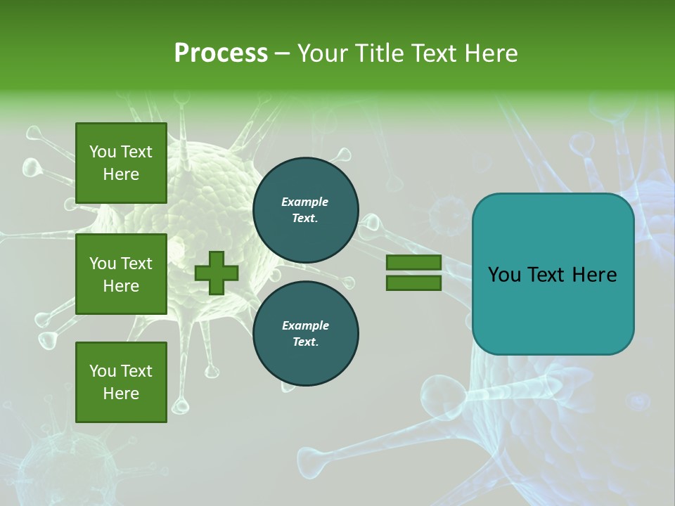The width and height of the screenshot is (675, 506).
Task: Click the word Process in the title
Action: pos(221,53)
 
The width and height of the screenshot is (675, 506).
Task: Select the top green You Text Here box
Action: pos(121,163)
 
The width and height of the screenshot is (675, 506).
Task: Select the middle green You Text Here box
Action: pos(121,274)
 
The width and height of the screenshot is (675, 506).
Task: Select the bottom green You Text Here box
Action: pos(121,382)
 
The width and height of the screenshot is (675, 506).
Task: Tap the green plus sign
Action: pos(217,273)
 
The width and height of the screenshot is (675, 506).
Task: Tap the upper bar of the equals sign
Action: pos(413,263)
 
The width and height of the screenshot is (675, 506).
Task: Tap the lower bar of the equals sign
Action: pos(413,283)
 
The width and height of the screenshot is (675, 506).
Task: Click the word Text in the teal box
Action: pos(548,275)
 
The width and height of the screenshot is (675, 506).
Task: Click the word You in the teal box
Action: pos(504,275)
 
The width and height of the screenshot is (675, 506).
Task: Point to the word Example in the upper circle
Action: pos(305,202)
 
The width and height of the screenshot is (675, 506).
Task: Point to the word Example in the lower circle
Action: pos(305,325)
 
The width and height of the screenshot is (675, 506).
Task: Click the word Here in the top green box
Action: pos(121,174)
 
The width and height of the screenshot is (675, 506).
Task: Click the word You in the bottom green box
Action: pos(103,371)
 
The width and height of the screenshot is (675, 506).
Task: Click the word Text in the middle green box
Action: pos(136,264)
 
